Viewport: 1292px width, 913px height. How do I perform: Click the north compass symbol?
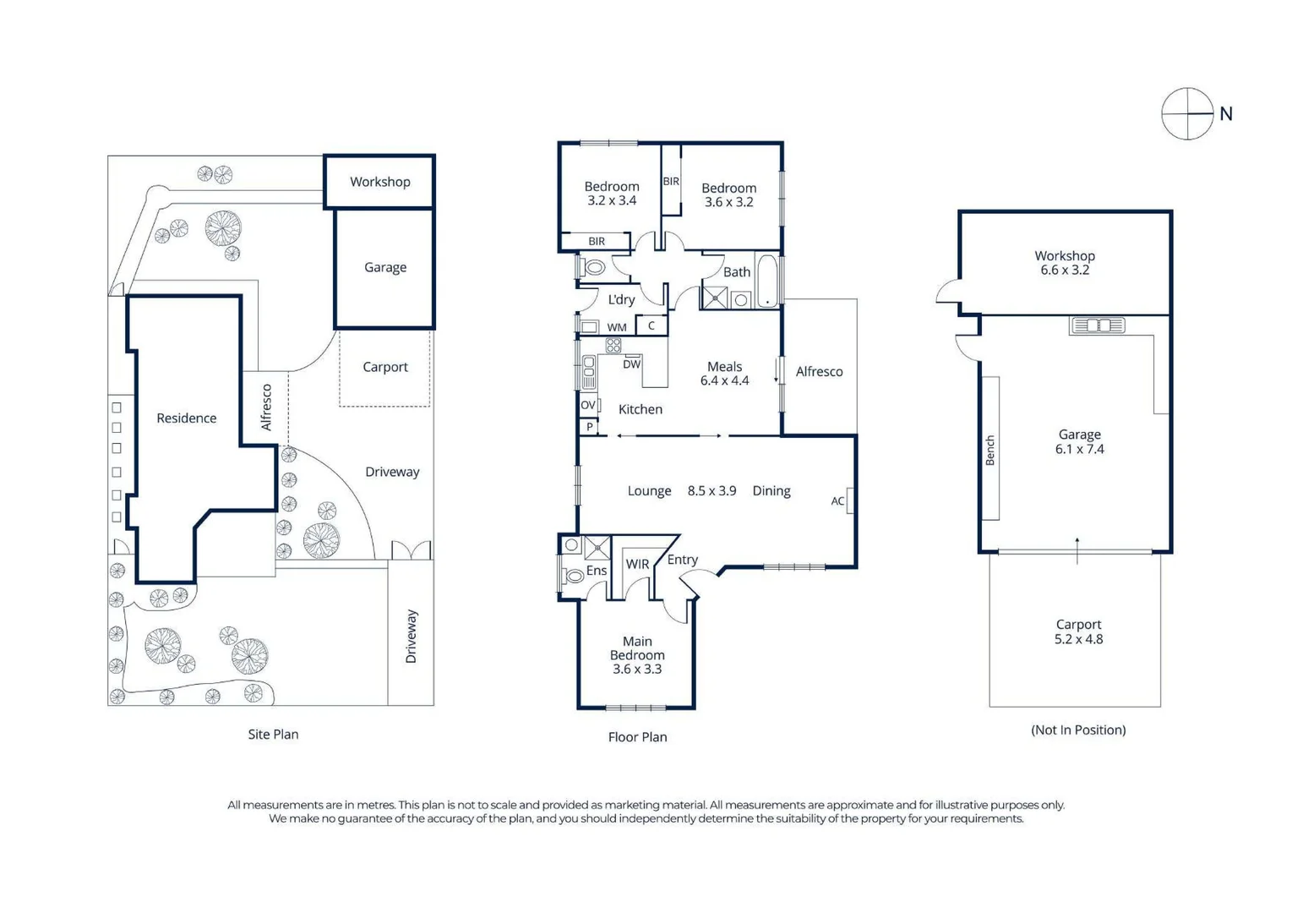1187,113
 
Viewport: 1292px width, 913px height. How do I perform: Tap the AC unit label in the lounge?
837,501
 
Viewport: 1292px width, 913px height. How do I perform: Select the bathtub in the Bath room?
767,281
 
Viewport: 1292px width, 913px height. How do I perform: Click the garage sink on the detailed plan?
1098,326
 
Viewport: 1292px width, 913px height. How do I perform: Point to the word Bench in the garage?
990,450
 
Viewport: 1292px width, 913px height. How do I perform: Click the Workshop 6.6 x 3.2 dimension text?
1065,270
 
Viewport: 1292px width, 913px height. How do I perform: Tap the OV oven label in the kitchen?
588,405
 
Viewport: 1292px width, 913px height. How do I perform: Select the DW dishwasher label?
631,364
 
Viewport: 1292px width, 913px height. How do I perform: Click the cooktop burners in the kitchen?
613,345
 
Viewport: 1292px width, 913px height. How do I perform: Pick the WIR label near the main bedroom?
637,564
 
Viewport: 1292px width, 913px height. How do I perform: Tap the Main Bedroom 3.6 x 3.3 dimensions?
637,669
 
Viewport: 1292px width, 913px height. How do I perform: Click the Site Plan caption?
274,734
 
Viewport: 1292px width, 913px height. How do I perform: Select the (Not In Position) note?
1078,730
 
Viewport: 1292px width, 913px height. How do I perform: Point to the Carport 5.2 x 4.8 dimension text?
1078,639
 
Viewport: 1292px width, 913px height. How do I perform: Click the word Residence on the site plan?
186,418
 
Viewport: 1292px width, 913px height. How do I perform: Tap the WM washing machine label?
617,327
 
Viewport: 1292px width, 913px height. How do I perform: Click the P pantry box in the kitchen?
589,427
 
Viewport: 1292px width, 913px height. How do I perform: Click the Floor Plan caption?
637,737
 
